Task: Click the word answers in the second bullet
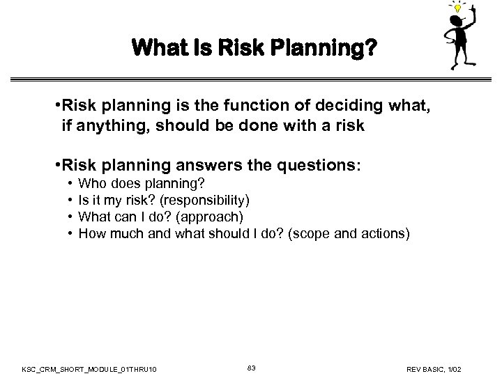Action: (223, 167)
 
